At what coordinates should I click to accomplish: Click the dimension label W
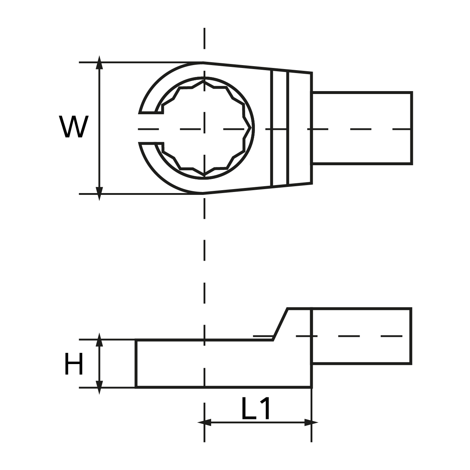click(74, 127)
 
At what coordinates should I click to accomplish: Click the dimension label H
click(74, 364)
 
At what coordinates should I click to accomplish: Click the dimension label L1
click(256, 409)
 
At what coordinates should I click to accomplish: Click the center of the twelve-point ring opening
click(204, 128)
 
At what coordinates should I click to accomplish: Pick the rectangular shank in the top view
click(362, 128)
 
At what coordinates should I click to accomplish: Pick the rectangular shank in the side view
click(362, 336)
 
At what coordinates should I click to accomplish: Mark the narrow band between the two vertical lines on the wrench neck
click(280, 128)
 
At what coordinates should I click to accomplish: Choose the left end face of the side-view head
click(136, 364)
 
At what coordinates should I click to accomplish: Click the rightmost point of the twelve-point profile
click(251, 128)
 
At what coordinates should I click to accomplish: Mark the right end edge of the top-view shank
click(411, 128)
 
